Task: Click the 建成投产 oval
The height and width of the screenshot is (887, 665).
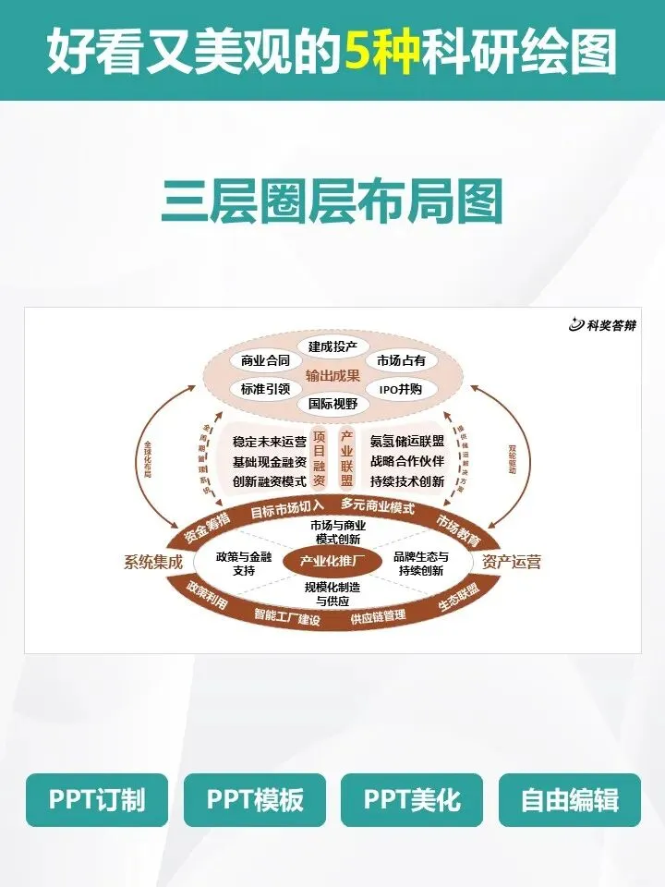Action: tap(332, 346)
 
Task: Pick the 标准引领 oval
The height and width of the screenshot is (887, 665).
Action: tap(265, 389)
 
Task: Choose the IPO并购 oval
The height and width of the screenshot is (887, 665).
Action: tap(401, 389)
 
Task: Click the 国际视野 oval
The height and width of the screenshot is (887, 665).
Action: tap(332, 404)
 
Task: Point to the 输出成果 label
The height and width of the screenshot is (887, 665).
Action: tap(332, 376)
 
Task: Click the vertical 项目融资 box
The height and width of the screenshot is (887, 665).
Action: tap(320, 458)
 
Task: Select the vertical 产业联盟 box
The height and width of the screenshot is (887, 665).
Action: tap(347, 458)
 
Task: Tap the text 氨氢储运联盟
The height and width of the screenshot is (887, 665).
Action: tap(407, 442)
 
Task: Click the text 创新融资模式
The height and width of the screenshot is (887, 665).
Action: tap(270, 481)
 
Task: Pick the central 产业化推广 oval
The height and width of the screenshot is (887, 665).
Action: tap(332, 561)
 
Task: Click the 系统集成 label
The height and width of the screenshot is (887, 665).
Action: tap(153, 562)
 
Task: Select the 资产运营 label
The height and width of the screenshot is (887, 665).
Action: tap(512, 562)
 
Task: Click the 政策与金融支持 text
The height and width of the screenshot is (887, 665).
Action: tap(244, 564)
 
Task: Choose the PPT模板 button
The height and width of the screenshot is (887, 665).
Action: tap(254, 800)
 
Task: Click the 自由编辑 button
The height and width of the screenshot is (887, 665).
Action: tap(569, 800)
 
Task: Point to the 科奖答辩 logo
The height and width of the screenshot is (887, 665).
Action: tap(603, 324)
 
